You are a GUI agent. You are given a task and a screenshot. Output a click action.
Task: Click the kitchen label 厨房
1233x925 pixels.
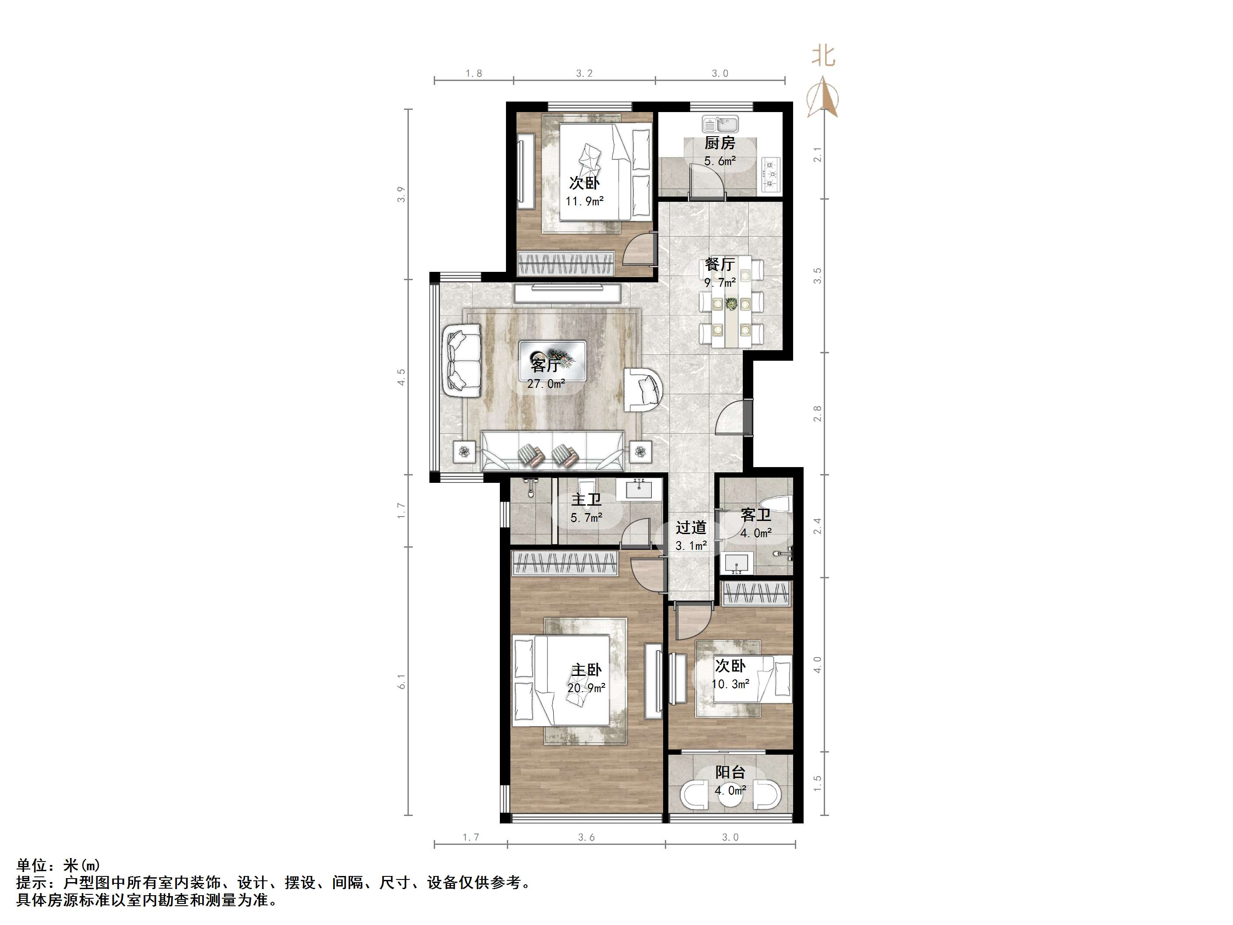[720, 143]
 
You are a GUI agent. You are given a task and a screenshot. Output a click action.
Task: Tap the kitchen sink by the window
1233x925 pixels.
[720, 124]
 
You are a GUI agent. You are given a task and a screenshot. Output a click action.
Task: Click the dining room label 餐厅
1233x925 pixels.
[720, 264]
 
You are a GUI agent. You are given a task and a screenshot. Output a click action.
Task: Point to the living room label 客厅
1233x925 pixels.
[545, 366]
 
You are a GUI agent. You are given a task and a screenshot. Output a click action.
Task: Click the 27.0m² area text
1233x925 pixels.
[546, 383]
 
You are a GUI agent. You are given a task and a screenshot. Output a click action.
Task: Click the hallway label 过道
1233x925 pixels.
[691, 528]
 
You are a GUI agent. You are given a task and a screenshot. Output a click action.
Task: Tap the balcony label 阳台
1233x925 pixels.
[730, 772]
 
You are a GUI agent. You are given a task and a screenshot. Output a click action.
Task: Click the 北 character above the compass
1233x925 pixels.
[823, 56]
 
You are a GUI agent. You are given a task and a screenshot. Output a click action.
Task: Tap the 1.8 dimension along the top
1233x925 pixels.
[474, 74]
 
